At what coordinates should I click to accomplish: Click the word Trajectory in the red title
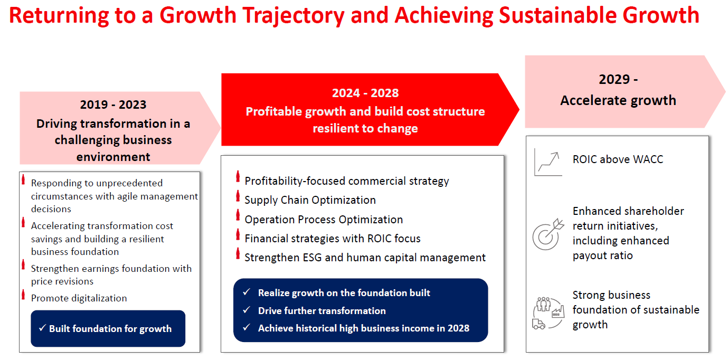point(293,16)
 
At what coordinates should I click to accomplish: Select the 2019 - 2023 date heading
point(113,105)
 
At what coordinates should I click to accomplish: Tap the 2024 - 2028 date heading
point(365,93)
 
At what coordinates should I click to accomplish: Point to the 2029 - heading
point(618,79)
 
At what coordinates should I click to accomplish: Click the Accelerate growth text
point(618,100)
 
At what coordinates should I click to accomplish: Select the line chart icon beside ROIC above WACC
point(549,162)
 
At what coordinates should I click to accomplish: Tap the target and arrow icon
point(548,234)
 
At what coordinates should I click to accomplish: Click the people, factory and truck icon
point(549,313)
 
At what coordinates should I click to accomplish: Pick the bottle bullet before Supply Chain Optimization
point(238,196)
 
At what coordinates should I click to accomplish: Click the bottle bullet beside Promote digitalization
point(23,295)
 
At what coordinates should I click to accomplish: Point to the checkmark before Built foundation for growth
point(42,328)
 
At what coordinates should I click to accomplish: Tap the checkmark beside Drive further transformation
point(247,310)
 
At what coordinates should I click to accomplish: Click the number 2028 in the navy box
point(458,328)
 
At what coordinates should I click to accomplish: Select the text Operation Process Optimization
point(324,220)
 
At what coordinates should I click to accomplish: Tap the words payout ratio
point(602,255)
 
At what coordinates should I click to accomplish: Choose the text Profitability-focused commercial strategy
point(347,181)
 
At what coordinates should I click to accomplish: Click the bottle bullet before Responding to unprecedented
point(23,179)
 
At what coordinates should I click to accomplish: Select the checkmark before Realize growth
point(247,292)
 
